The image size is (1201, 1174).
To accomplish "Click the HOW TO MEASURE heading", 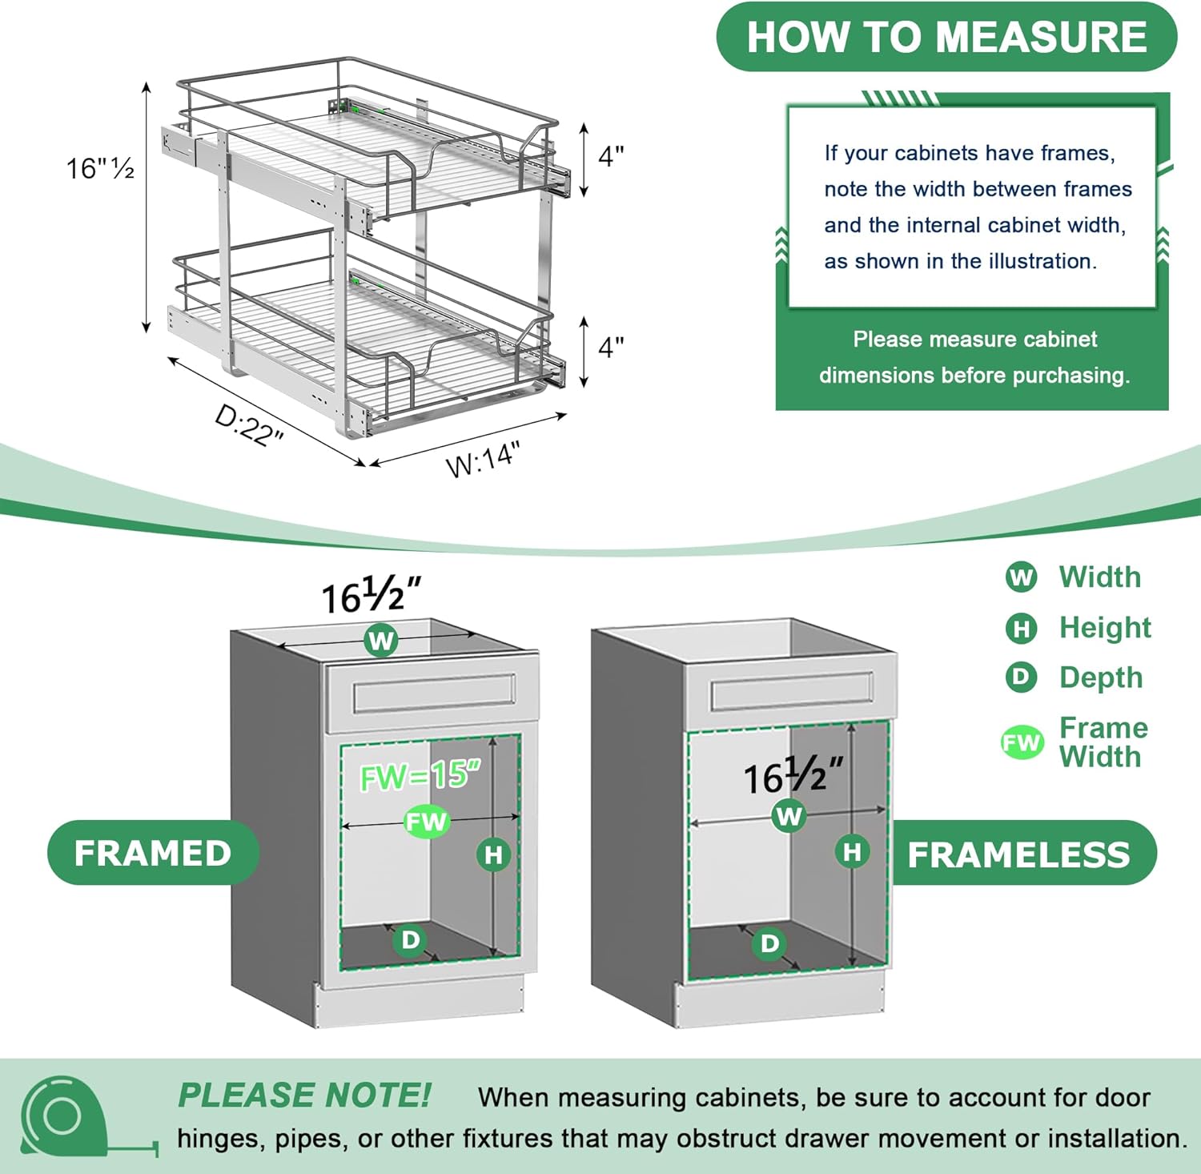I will coord(946,37).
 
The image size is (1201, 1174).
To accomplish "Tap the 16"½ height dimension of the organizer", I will coord(100,168).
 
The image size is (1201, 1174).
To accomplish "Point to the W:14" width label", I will coord(483,459).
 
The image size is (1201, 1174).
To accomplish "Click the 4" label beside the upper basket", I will coord(611,156).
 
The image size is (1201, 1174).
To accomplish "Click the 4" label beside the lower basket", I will coord(611,348).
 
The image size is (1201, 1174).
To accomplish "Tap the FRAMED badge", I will coord(153,853).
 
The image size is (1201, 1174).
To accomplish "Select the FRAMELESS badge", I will coord(1018,854).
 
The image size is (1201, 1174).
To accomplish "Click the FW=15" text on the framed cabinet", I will coord(420,776).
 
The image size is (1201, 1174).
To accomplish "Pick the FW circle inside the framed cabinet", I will coord(426,821).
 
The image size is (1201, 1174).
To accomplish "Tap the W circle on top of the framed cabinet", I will coord(381,641).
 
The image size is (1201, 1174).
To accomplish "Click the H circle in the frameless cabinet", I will coord(852,851).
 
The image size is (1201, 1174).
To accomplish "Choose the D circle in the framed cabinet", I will coord(410,939).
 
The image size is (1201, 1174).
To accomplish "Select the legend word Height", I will coord(1105,627).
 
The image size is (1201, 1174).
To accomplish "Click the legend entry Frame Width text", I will coord(1103,742).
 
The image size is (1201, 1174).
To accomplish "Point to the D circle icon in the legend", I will coord(1021,677).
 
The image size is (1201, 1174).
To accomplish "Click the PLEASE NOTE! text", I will coord(304,1096).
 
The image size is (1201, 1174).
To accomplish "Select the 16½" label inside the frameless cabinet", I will coord(793,776).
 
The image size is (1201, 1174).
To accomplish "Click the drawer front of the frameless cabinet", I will coord(790,690).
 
